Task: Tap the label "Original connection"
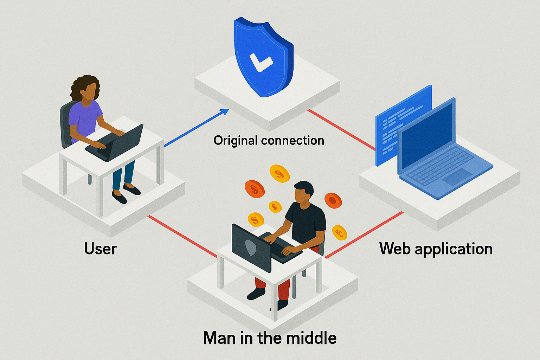pyautogui.click(x=269, y=141)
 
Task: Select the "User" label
pyautogui.click(x=100, y=249)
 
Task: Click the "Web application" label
pyautogui.click(x=436, y=249)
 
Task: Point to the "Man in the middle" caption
pyautogui.click(x=270, y=337)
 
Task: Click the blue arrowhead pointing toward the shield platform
pyautogui.click(x=224, y=112)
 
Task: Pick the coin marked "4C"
pyautogui.click(x=340, y=233)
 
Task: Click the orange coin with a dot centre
pyautogui.click(x=333, y=200)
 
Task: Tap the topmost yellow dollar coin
pyautogui.click(x=279, y=173)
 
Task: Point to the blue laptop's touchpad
pyautogui.click(x=457, y=176)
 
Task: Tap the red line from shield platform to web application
pyautogui.click(x=341, y=130)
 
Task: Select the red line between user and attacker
pyautogui.click(x=182, y=236)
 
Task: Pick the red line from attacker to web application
pyautogui.click(x=364, y=235)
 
